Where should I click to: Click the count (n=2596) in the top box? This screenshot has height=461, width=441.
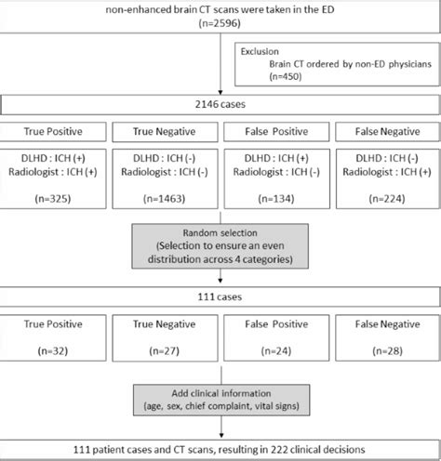[220, 28]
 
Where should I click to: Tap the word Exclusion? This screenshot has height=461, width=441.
[266, 54]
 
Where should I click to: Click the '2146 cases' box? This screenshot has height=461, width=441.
[220, 108]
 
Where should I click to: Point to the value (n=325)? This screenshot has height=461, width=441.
[55, 199]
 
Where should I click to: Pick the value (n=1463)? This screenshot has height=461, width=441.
[166, 199]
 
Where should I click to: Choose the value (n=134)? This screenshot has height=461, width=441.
[275, 199]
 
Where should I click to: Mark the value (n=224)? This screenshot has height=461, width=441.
[385, 199]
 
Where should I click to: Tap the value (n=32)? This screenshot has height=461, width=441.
[55, 352]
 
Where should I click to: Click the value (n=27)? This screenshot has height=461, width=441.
[166, 352]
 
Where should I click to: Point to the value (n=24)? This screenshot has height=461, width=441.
[275, 352]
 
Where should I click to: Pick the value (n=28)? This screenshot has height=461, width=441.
[385, 352]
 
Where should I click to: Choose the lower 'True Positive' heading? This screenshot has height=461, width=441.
[55, 324]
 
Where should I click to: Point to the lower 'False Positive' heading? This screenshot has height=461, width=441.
[275, 324]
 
